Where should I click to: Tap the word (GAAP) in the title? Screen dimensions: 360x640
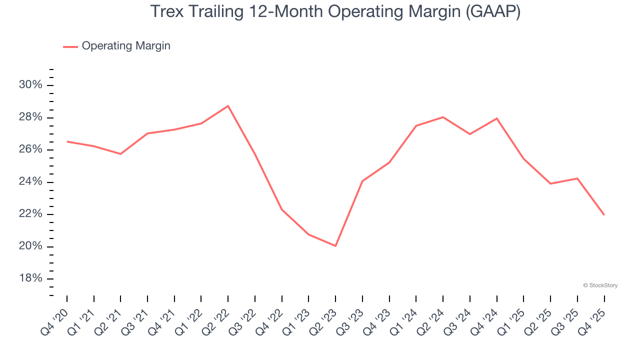492,12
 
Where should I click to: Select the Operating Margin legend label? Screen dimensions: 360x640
126,46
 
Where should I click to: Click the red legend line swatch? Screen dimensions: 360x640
70,46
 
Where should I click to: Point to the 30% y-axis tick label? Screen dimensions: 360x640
30,85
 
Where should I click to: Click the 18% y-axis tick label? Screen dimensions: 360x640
30,279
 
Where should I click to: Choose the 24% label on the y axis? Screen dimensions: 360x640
30,182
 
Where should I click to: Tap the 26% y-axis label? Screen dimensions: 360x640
30,150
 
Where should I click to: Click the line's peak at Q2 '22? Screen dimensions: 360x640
228,106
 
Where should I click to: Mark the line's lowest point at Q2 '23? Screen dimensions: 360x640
335,246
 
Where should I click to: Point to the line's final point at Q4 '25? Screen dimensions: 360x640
604,214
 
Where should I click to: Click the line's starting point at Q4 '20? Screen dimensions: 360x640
67,141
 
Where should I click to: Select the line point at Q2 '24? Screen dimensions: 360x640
443,117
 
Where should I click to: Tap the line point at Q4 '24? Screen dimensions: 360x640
496,118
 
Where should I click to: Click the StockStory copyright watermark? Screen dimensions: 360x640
600,285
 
